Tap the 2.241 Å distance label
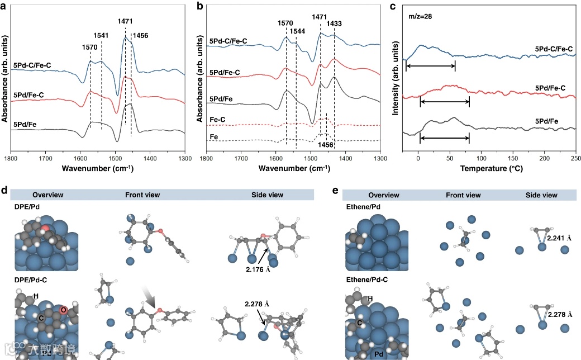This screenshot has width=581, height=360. (x=560, y=238)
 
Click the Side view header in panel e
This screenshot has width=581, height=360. (x=541, y=195)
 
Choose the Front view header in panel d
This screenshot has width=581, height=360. (x=142, y=195)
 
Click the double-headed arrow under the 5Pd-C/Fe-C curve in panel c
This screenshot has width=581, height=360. (x=431, y=67)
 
